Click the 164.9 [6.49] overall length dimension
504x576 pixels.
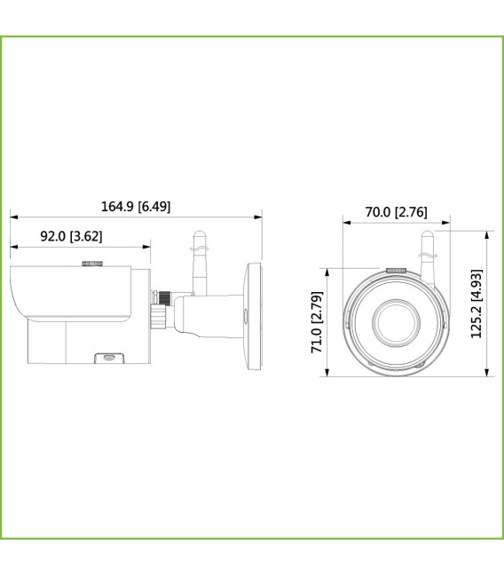(x=136, y=207)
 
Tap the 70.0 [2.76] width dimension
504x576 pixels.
(x=396, y=212)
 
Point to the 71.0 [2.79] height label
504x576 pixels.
(x=317, y=322)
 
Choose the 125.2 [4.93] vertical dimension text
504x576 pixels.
(x=476, y=304)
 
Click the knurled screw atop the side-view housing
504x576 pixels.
(x=92, y=264)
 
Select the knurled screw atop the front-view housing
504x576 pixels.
(x=397, y=270)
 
